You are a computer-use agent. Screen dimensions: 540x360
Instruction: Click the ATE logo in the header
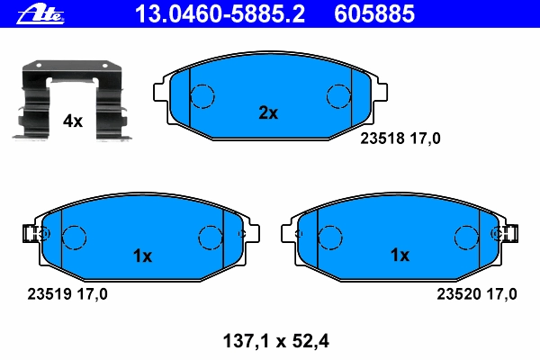[x=40, y=14]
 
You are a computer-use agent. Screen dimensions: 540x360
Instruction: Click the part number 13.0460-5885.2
[x=220, y=13]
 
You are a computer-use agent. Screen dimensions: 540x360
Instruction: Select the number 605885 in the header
[x=374, y=13]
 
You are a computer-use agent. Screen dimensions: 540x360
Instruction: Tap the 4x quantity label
[x=73, y=121]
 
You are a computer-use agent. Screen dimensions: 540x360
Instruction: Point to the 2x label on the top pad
[x=268, y=112]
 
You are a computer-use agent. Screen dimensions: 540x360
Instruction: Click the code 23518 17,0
[x=400, y=139]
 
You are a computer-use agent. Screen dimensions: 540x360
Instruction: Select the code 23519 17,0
[x=67, y=294]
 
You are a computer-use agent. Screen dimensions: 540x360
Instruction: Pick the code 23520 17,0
[x=477, y=294]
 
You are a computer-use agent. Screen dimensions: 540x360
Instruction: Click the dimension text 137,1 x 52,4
[x=276, y=341]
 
